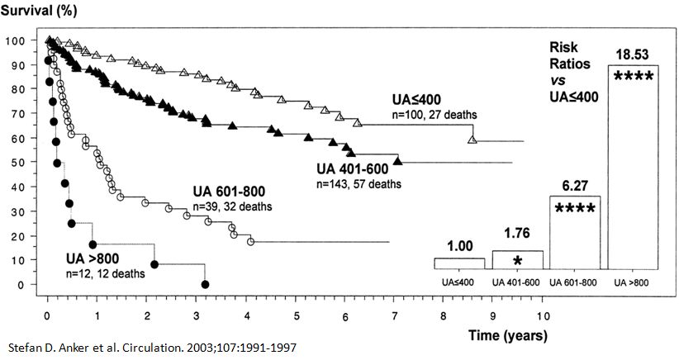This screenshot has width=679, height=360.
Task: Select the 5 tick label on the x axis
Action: [295, 316]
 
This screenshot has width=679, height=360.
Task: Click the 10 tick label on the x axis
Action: [542, 316]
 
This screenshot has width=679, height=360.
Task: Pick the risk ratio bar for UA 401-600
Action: [518, 260]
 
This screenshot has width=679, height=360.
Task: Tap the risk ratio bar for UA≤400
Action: [459, 263]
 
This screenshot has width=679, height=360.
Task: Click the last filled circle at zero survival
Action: [205, 285]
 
